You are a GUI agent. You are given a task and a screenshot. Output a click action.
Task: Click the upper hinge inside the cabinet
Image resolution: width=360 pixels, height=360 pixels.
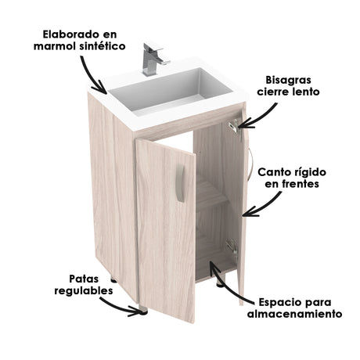click(232, 125)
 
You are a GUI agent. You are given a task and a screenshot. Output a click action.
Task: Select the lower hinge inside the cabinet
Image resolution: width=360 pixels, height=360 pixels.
click(230, 245)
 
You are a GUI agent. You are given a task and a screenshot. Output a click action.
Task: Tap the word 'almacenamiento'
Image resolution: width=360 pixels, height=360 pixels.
click(293, 315)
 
